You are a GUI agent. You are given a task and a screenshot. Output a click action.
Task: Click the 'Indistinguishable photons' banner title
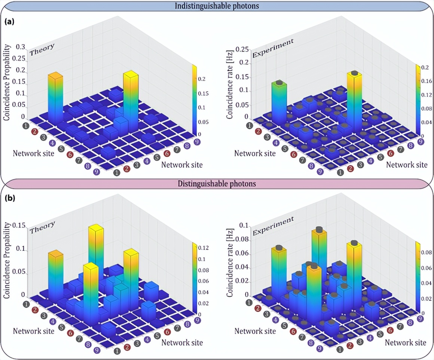(217, 6)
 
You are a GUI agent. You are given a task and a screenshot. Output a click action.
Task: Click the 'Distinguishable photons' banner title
(217, 184)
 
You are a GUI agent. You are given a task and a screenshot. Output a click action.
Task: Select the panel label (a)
(9, 21)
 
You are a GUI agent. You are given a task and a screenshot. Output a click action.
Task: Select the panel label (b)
(9, 198)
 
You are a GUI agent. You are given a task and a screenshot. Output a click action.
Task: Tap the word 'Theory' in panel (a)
(42, 48)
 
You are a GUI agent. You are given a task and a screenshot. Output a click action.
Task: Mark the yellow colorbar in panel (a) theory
(194, 99)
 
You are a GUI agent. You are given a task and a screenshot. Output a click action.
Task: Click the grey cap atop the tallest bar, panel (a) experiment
(355, 73)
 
